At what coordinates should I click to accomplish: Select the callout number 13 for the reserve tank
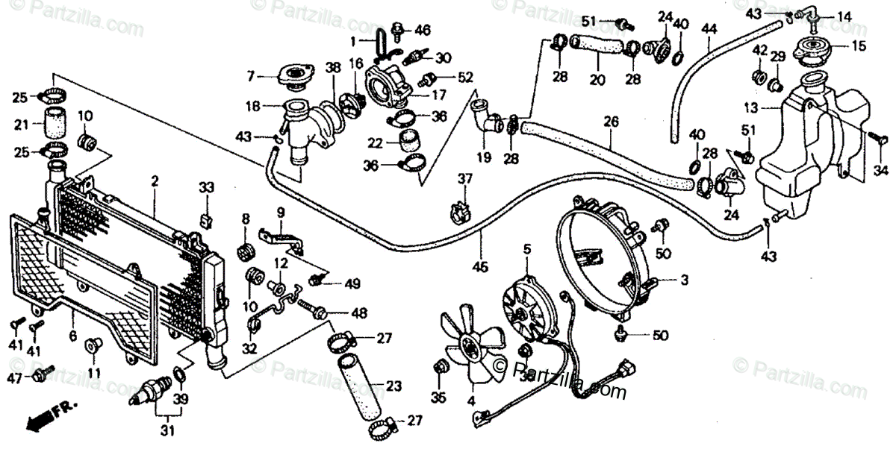[751, 107]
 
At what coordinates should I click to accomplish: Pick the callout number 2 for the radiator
[155, 181]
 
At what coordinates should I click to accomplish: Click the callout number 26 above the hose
[612, 121]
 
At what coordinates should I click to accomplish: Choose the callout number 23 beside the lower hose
[393, 386]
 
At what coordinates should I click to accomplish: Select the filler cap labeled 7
[294, 75]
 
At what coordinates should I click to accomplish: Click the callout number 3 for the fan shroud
[683, 280]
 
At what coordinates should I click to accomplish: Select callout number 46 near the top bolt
[423, 31]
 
